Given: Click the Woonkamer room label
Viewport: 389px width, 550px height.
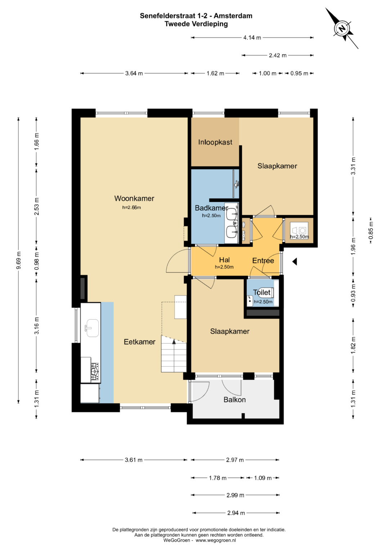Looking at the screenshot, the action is (134, 198).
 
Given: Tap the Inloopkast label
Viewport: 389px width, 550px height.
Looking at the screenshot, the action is (215, 142).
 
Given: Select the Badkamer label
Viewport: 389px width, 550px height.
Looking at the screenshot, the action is (211, 208).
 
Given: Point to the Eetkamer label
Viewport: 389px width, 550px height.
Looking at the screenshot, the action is (139, 342).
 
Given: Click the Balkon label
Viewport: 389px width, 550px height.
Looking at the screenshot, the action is (234, 400).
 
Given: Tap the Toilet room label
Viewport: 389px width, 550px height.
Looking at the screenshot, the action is (261, 292).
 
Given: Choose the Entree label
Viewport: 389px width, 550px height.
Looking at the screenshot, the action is (263, 260).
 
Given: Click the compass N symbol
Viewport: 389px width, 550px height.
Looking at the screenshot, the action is (341, 28).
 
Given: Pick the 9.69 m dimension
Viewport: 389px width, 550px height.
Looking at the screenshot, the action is (18, 260).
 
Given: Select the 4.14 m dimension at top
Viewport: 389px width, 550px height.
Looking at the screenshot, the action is (252, 37).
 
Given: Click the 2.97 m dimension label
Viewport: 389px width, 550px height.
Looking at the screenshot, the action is (235, 460).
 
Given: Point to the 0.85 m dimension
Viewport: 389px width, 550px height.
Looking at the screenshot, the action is (371, 230).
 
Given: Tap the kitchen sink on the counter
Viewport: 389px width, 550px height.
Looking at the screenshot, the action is (92, 328).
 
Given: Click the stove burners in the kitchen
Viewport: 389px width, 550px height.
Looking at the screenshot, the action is (94, 371).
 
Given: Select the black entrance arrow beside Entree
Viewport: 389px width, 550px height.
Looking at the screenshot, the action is (295, 262).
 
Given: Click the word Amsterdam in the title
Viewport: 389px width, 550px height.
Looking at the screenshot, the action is (233, 16).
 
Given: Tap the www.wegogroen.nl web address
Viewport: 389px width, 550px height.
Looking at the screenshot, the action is (216, 540).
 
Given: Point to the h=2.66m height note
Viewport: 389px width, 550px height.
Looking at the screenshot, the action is (131, 207).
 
